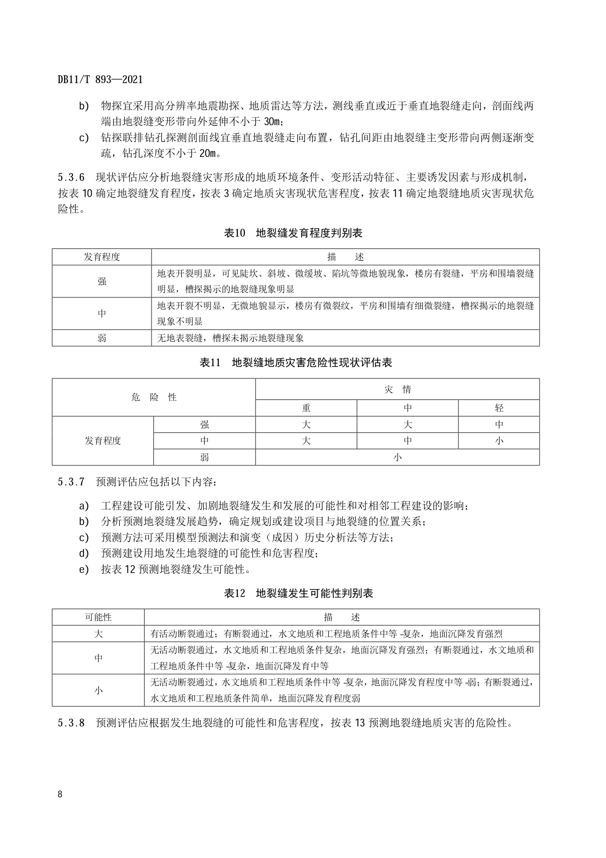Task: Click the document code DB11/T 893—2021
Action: click(x=100, y=80)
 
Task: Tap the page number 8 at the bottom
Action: click(x=60, y=794)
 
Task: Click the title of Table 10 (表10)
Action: click(x=293, y=233)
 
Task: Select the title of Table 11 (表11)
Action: click(x=296, y=363)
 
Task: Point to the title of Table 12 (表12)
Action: click(x=298, y=594)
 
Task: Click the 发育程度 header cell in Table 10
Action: click(x=102, y=257)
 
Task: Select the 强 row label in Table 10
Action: click(x=102, y=282)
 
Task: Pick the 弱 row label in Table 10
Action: click(x=102, y=338)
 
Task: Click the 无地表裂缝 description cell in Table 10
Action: click(x=230, y=338)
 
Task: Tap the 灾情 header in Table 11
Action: click(x=397, y=389)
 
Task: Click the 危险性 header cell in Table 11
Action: click(x=153, y=397)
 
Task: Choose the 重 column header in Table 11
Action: click(x=306, y=408)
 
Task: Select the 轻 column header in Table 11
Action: click(x=498, y=408)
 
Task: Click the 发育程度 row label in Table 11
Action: click(x=103, y=440)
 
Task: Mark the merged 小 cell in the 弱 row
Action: click(x=397, y=457)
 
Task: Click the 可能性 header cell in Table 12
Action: click(x=98, y=617)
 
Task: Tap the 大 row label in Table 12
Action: click(x=98, y=634)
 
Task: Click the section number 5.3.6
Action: click(x=71, y=177)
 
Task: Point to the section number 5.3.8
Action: click(x=71, y=723)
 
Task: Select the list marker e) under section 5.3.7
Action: click(x=84, y=570)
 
